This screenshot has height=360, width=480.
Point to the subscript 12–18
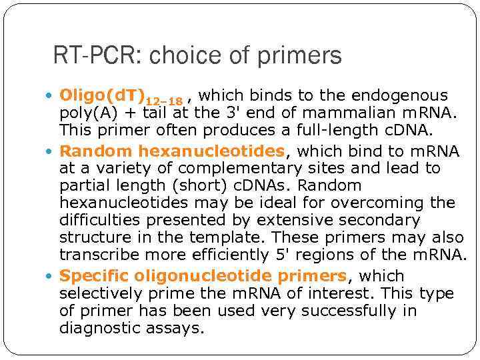pyautogui.click(x=164, y=101)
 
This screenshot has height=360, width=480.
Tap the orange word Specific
pyautogui.click(x=93, y=276)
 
